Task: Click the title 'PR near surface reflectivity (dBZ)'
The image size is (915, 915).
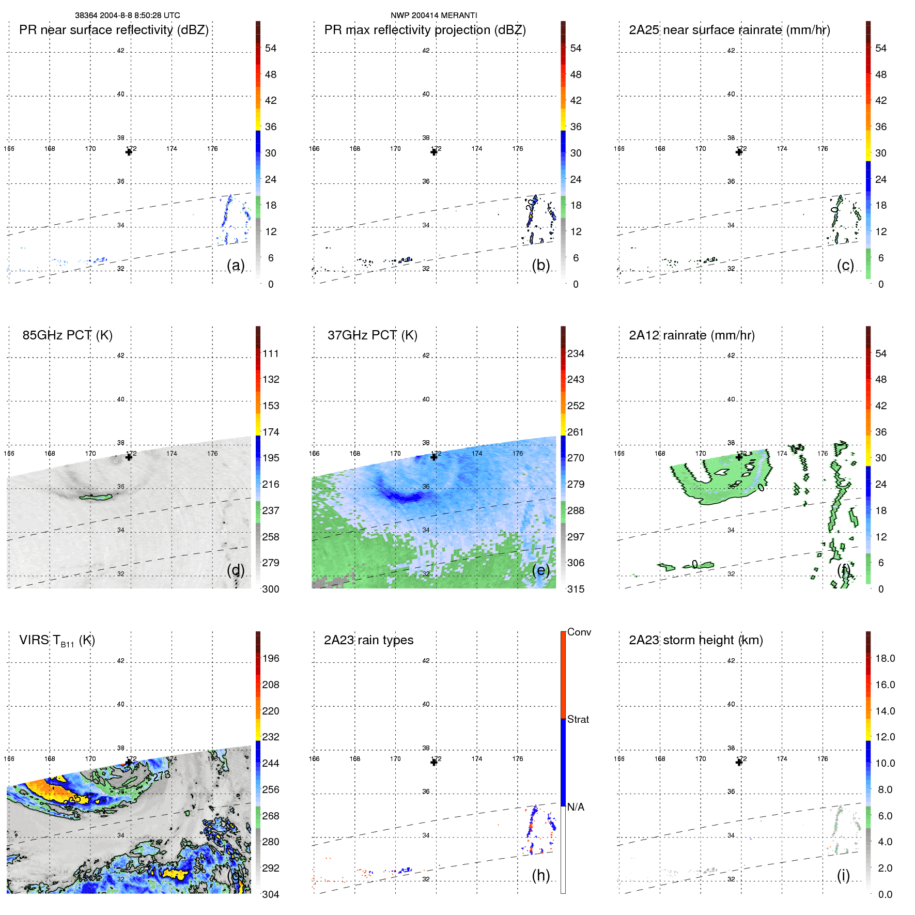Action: [114, 30]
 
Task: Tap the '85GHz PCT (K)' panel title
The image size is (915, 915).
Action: [67, 335]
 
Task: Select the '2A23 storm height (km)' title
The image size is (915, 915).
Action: [695, 640]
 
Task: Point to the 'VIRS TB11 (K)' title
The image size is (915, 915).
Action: [57, 641]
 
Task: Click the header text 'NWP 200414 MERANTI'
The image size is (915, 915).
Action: [433, 15]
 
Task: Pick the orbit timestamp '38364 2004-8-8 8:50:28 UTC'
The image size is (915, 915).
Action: [128, 15]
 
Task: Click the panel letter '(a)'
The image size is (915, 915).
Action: [236, 266]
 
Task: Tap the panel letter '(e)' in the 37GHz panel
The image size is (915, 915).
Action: [541, 570]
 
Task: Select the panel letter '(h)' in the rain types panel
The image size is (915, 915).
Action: [541, 875]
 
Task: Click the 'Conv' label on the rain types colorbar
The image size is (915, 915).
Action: [579, 632]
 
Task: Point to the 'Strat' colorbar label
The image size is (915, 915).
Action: [578, 719]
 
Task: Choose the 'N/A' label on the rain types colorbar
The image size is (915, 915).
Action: [576, 807]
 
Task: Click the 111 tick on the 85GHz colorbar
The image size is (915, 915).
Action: [271, 354]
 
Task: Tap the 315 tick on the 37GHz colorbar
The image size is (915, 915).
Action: [576, 589]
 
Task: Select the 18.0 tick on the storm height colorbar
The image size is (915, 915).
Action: [885, 658]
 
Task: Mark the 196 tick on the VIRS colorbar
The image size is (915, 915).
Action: [271, 658]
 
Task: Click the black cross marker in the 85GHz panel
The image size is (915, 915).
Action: [129, 457]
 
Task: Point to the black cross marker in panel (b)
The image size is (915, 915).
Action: [434, 152]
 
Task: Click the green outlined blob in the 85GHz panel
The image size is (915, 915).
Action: [96, 497]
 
